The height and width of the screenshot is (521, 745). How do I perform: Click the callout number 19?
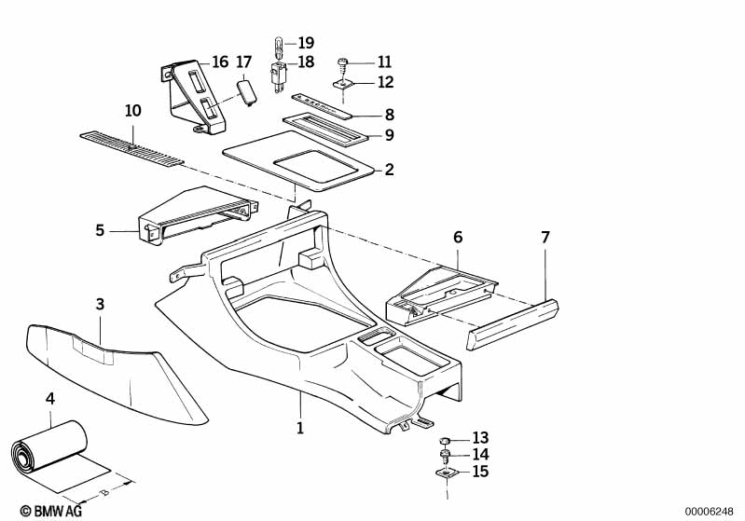pyautogui.click(x=306, y=43)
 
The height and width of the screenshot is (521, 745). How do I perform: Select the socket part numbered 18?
pyautogui.click(x=277, y=72)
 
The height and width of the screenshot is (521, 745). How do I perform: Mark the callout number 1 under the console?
pyautogui.click(x=300, y=429)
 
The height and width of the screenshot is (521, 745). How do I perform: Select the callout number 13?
pyautogui.click(x=480, y=437)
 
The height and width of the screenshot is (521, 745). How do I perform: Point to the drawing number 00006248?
pyautogui.click(x=713, y=510)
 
